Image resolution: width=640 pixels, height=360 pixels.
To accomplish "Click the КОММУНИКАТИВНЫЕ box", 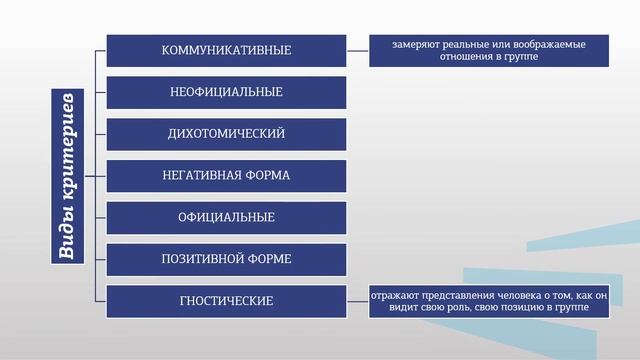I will pyautogui.click(x=226, y=50).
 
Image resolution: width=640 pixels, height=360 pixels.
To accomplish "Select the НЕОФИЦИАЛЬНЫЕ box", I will pyautogui.click(x=226, y=92).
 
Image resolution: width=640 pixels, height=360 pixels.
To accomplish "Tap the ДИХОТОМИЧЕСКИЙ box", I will pyautogui.click(x=226, y=133).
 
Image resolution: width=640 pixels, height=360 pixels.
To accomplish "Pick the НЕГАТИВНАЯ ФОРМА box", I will pyautogui.click(x=226, y=175).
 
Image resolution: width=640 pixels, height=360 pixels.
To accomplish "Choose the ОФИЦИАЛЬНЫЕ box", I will pyautogui.click(x=226, y=217).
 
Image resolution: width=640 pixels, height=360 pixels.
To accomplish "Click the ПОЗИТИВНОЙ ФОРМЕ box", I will pyautogui.click(x=226, y=259).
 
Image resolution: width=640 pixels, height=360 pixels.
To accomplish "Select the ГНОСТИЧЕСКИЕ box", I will pyautogui.click(x=226, y=300).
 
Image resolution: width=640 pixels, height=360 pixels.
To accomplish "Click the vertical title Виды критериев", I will pyautogui.click(x=66, y=175).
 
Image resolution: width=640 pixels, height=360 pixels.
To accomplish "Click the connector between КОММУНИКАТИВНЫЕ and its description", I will pyautogui.click(x=357, y=50).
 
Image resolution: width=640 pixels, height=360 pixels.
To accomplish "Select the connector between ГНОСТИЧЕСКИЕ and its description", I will pyautogui.click(x=357, y=300).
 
